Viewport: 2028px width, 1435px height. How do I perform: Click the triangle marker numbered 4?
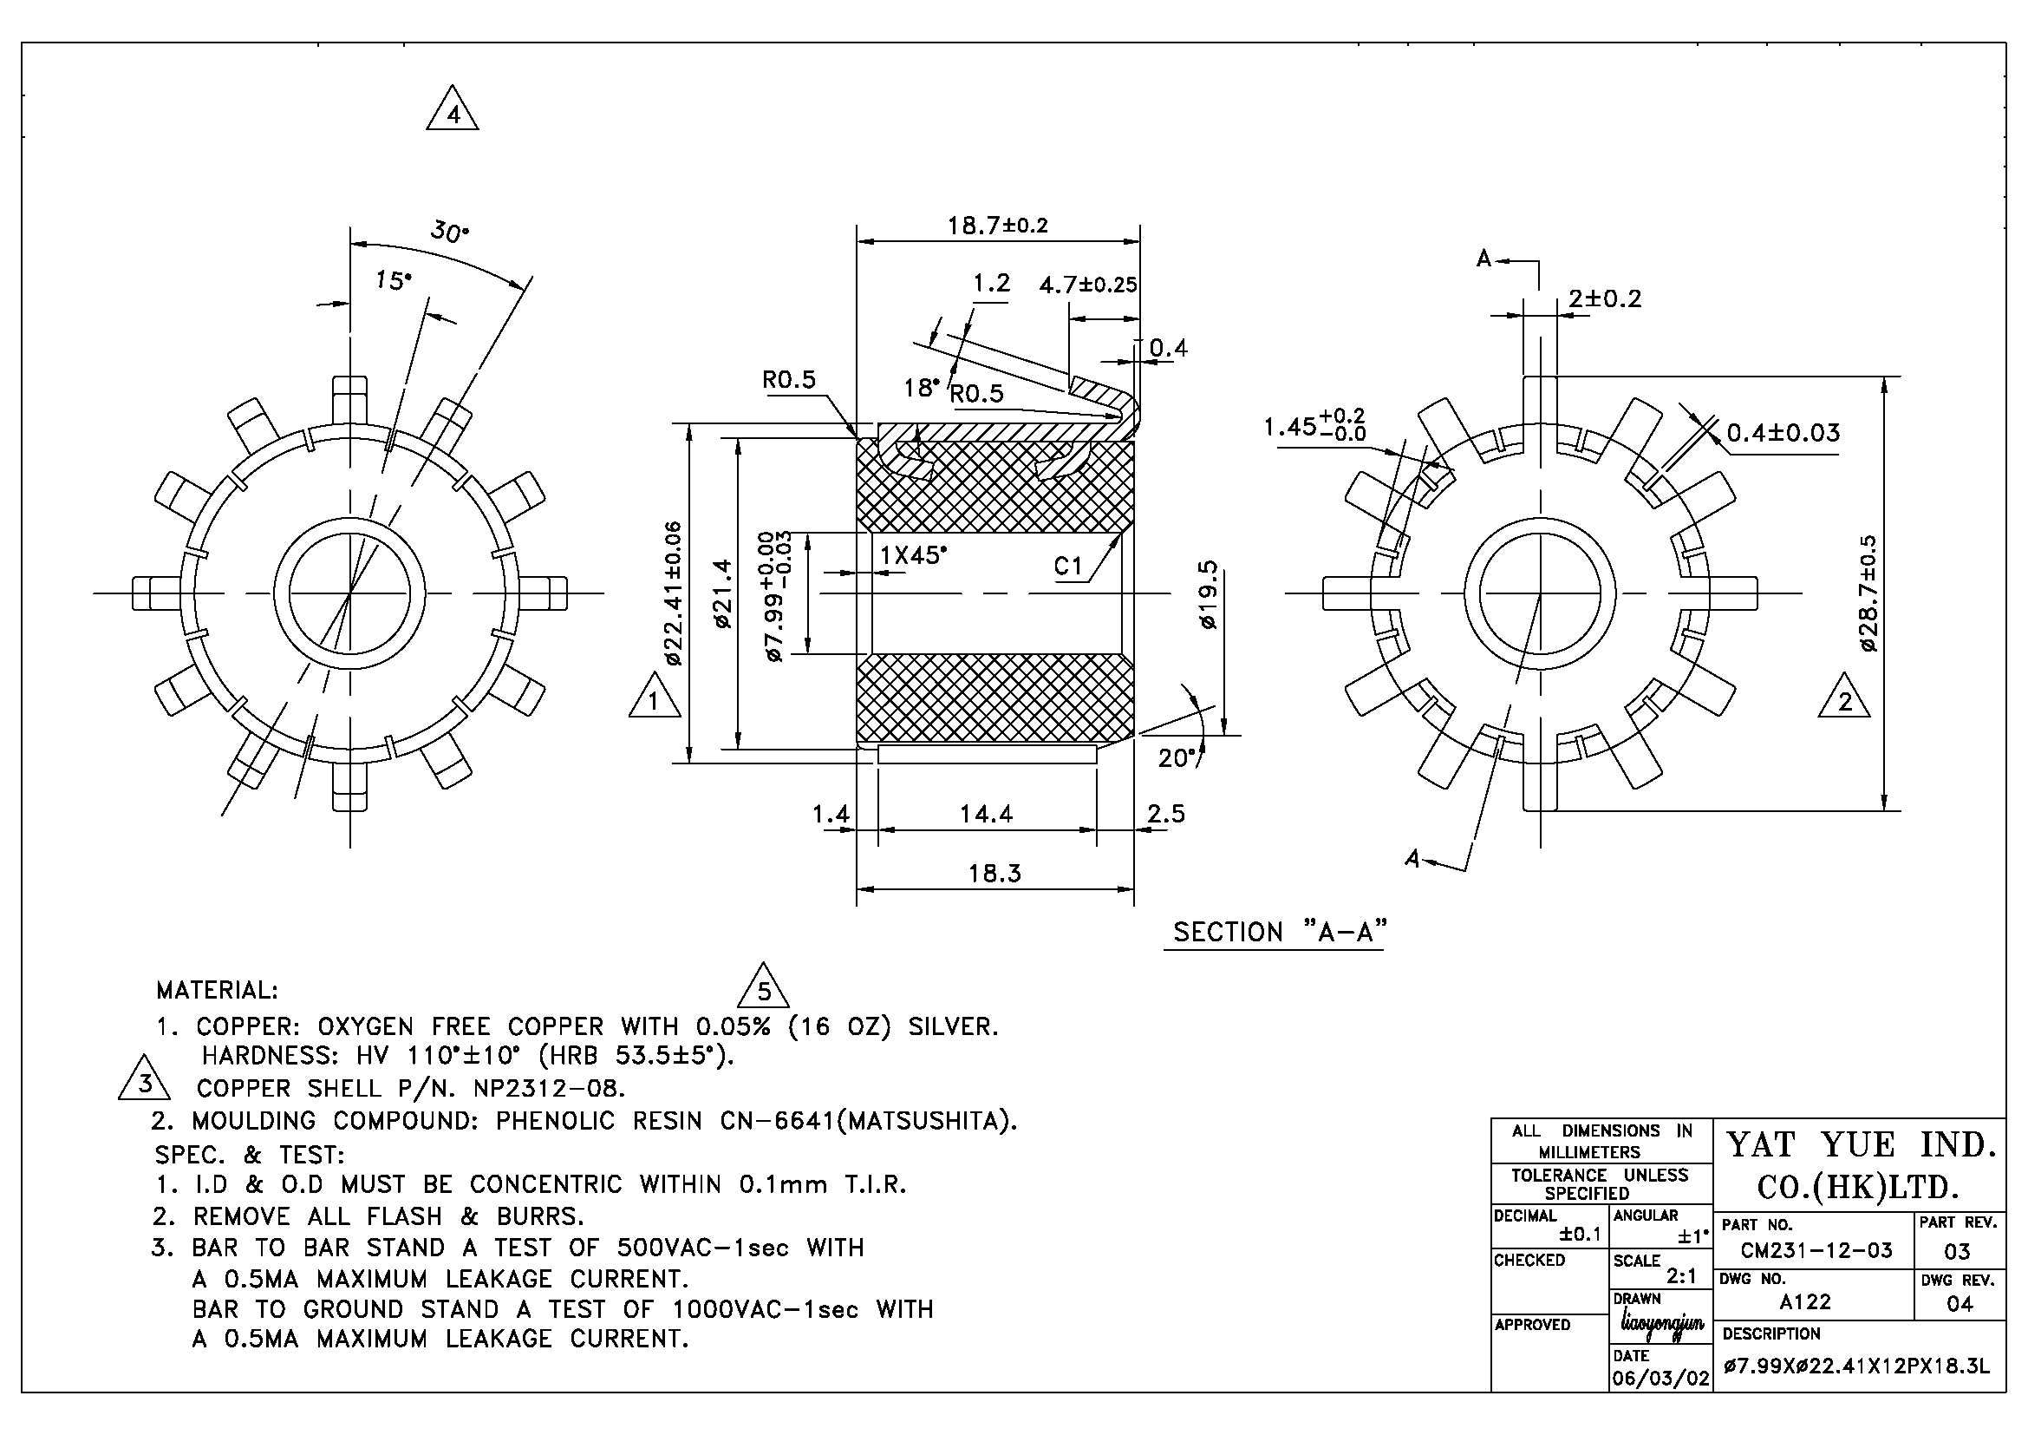pos(453,109)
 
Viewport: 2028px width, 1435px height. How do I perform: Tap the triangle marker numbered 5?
pos(763,986)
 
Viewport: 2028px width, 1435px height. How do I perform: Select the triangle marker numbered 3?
pos(145,1078)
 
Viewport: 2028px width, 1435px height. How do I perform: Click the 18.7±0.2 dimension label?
pos(997,225)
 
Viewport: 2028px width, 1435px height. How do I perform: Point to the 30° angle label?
pos(450,232)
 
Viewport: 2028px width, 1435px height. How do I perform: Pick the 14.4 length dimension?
pos(986,813)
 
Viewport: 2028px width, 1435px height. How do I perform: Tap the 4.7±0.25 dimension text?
pos(1088,285)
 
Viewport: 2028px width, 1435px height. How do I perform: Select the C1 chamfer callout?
pos(1068,566)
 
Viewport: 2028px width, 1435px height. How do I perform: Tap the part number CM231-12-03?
pos(1816,1250)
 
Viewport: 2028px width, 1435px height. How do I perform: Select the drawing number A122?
pos(1805,1301)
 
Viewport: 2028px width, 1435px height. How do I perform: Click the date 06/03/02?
pos(1660,1378)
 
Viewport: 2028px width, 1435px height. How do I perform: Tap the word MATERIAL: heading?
pos(218,990)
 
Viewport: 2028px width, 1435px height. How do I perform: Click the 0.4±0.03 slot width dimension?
pos(1783,433)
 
